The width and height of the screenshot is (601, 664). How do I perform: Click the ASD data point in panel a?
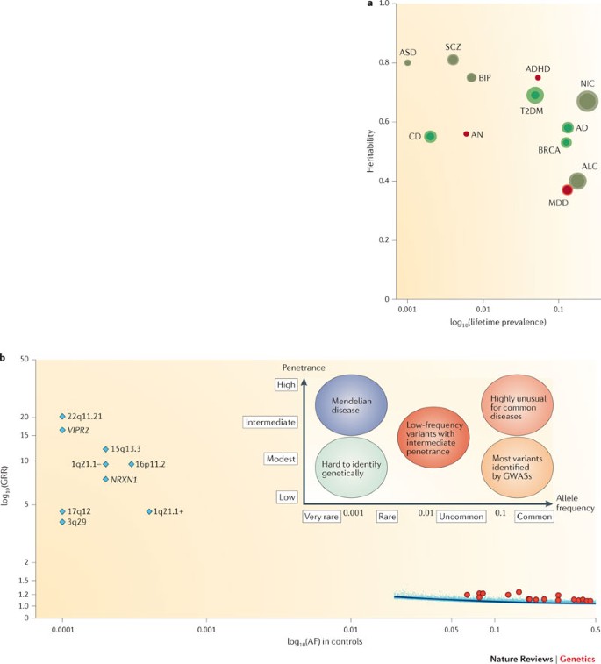coord(407,62)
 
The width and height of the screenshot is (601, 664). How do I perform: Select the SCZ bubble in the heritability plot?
coord(453,60)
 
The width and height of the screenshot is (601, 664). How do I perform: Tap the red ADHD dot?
coord(538,77)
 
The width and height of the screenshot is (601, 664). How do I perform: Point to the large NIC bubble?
coord(586,101)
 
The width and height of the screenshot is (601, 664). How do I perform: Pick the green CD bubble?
coord(430,137)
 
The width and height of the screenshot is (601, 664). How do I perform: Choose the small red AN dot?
coord(466,134)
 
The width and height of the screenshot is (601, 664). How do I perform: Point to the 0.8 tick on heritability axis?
coord(387,63)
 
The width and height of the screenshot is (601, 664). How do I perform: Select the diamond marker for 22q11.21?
coord(62,417)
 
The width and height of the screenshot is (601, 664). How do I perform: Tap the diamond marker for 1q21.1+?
coord(149,511)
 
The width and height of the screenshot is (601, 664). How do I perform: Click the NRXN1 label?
coord(124,479)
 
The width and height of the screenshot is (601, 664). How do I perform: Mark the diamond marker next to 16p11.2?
coord(132,464)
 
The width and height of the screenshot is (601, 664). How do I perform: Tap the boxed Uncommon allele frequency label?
coord(461,518)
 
